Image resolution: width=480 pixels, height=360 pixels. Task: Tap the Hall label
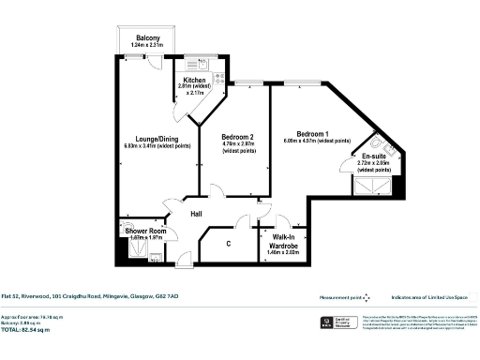pyautogui.click(x=197, y=214)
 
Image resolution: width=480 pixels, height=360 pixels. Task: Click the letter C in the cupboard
pyautogui.click(x=229, y=245)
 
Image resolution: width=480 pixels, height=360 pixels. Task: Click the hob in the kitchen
pyautogui.click(x=217, y=79)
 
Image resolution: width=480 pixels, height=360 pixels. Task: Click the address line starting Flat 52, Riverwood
pyautogui.click(x=89, y=295)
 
